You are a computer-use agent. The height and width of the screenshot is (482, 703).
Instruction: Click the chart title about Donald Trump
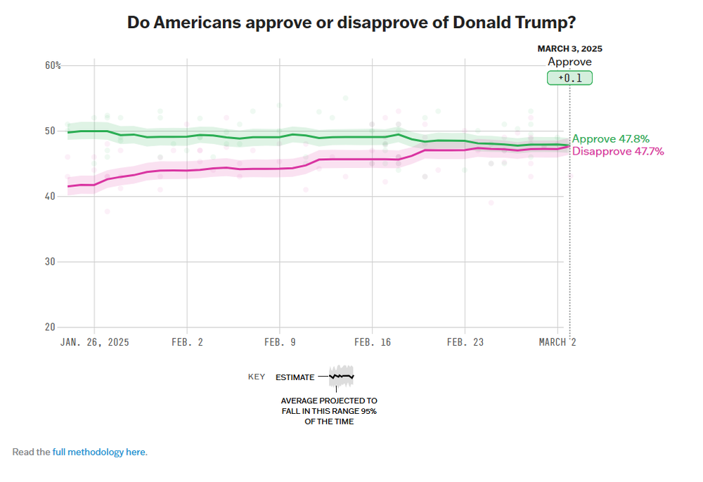pyautogui.click(x=351, y=22)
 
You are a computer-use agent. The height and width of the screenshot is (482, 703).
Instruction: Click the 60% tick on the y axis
pyautogui.click(x=53, y=65)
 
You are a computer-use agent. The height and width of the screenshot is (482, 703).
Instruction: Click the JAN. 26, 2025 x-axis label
pyautogui.click(x=95, y=342)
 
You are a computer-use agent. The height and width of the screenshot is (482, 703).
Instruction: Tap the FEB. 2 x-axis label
pyautogui.click(x=187, y=342)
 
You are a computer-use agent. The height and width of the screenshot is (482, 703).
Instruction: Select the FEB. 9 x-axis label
pyautogui.click(x=280, y=342)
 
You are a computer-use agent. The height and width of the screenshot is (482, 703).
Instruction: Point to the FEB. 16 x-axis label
pyautogui.click(x=373, y=342)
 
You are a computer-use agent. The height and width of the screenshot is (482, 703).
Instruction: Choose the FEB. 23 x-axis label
pyautogui.click(x=465, y=342)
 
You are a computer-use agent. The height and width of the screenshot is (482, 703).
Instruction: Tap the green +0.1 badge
pyautogui.click(x=570, y=78)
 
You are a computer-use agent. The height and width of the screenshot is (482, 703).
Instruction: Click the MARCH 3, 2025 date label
pyautogui.click(x=570, y=49)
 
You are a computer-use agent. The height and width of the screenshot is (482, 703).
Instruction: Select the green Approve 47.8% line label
pyautogui.click(x=610, y=139)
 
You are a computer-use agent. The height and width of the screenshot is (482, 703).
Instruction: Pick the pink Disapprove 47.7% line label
pyautogui.click(x=618, y=151)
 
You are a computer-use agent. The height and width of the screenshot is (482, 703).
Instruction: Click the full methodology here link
pyautogui.click(x=99, y=452)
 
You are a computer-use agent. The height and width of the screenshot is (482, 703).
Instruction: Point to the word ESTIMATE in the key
pyautogui.click(x=295, y=377)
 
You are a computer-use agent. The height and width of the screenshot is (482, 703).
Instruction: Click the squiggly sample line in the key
pyautogui.click(x=342, y=377)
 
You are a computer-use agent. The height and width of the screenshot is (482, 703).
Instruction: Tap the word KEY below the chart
pyautogui.click(x=257, y=377)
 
